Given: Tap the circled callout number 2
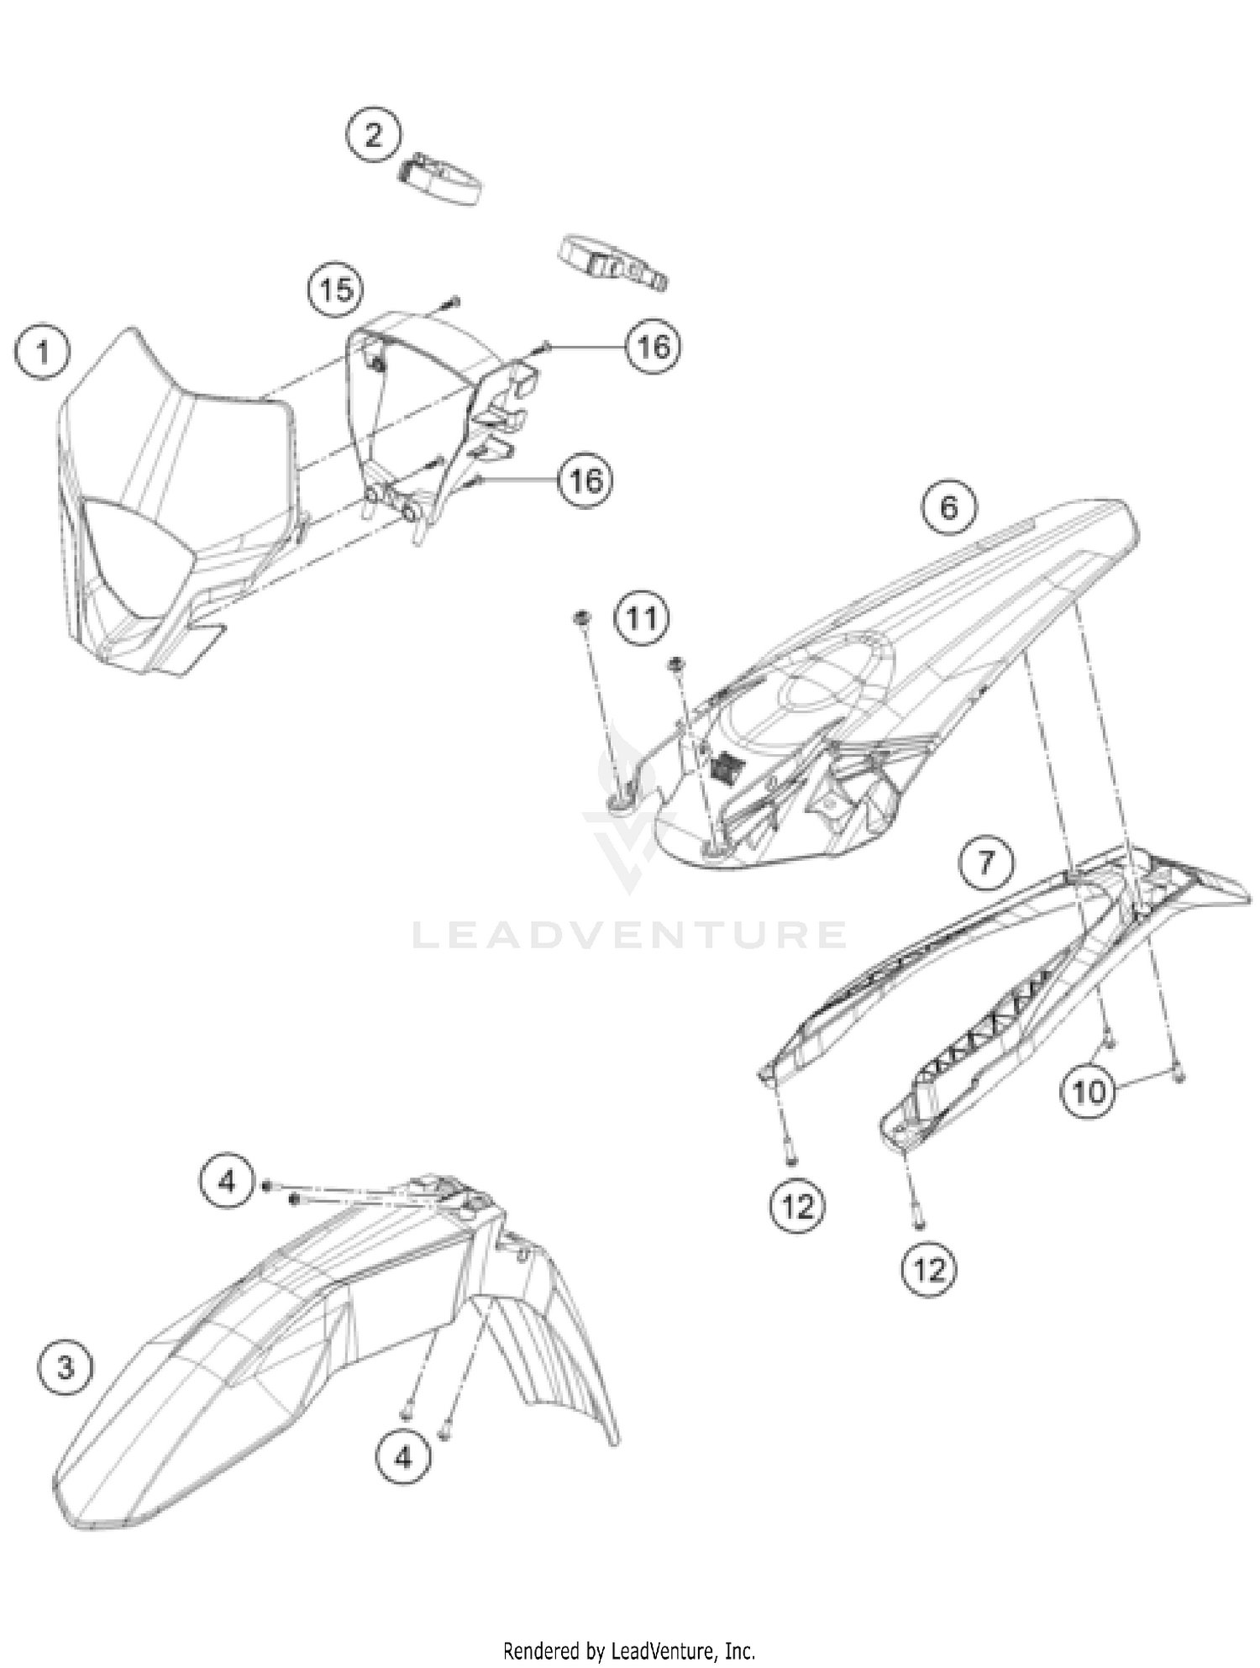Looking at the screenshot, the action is pos(373,135).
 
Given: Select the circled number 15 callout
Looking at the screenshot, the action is pos(335,290).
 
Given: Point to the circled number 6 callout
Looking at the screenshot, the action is pos(948,507).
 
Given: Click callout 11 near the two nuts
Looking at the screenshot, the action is pos(642,619).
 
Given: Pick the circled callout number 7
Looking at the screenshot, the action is pos(986,862).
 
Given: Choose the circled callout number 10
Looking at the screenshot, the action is pos(1089,1092).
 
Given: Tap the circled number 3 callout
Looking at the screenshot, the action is pos(66,1367).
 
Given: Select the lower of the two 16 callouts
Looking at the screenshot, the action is pos(585,480).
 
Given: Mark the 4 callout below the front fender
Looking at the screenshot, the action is pos(403,1457).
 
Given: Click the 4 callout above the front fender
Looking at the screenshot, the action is pos(227,1182).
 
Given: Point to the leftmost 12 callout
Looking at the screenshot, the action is pos(797,1207).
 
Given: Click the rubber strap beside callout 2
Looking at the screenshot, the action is pos(439,179).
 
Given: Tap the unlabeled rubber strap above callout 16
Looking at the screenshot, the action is pos(612,262).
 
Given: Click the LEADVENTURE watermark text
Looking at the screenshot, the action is pos(629,935).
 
